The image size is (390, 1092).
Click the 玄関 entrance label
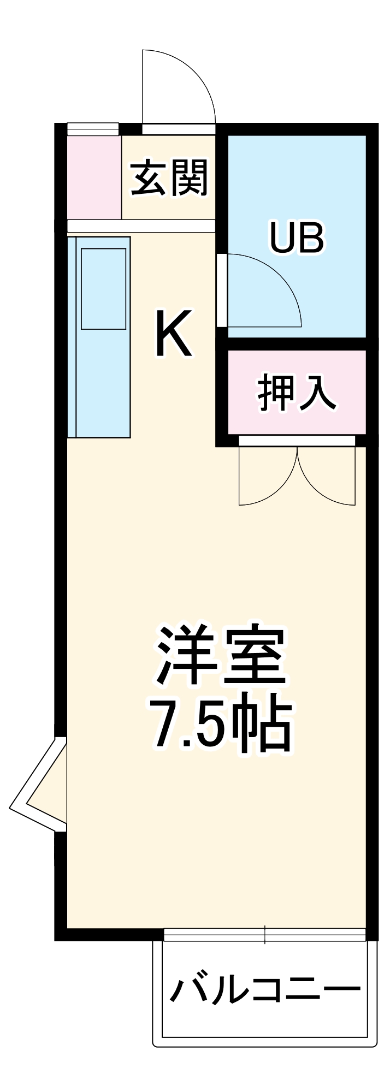(169, 178)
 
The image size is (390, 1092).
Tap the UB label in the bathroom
(297, 238)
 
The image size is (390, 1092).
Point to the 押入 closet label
(297, 393)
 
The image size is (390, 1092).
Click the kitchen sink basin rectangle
(104, 288)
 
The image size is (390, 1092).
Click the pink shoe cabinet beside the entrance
(94, 177)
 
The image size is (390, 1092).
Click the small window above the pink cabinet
(93, 129)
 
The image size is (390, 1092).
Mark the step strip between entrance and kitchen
(141, 226)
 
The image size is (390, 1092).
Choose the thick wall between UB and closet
(297, 343)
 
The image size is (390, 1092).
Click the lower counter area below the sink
(103, 382)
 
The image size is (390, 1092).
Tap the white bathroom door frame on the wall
(221, 289)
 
